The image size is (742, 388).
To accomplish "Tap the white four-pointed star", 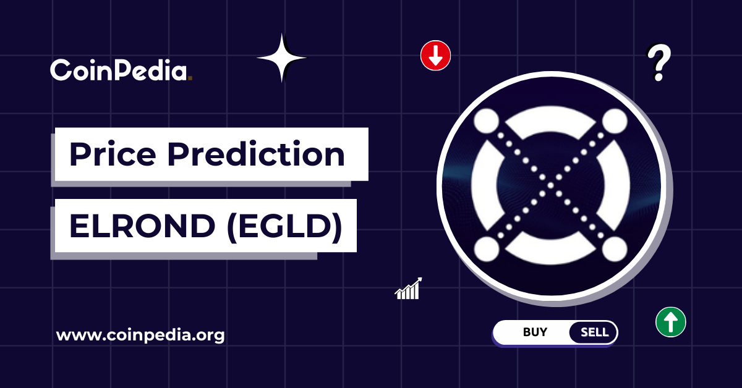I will point(281,57).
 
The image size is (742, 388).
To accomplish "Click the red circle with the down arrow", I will point(435,56).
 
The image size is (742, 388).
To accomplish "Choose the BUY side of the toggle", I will point(535,332).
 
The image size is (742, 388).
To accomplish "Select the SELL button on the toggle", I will point(594,332).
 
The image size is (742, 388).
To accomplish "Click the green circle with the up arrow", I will point(670,322).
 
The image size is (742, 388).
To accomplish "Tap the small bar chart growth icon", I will point(408,289).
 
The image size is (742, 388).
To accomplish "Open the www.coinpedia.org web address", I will point(140,336).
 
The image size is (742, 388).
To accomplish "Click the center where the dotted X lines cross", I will point(551,185).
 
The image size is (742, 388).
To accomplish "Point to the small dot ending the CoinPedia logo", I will point(190,78).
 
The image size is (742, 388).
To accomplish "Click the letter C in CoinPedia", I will point(61,70).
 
